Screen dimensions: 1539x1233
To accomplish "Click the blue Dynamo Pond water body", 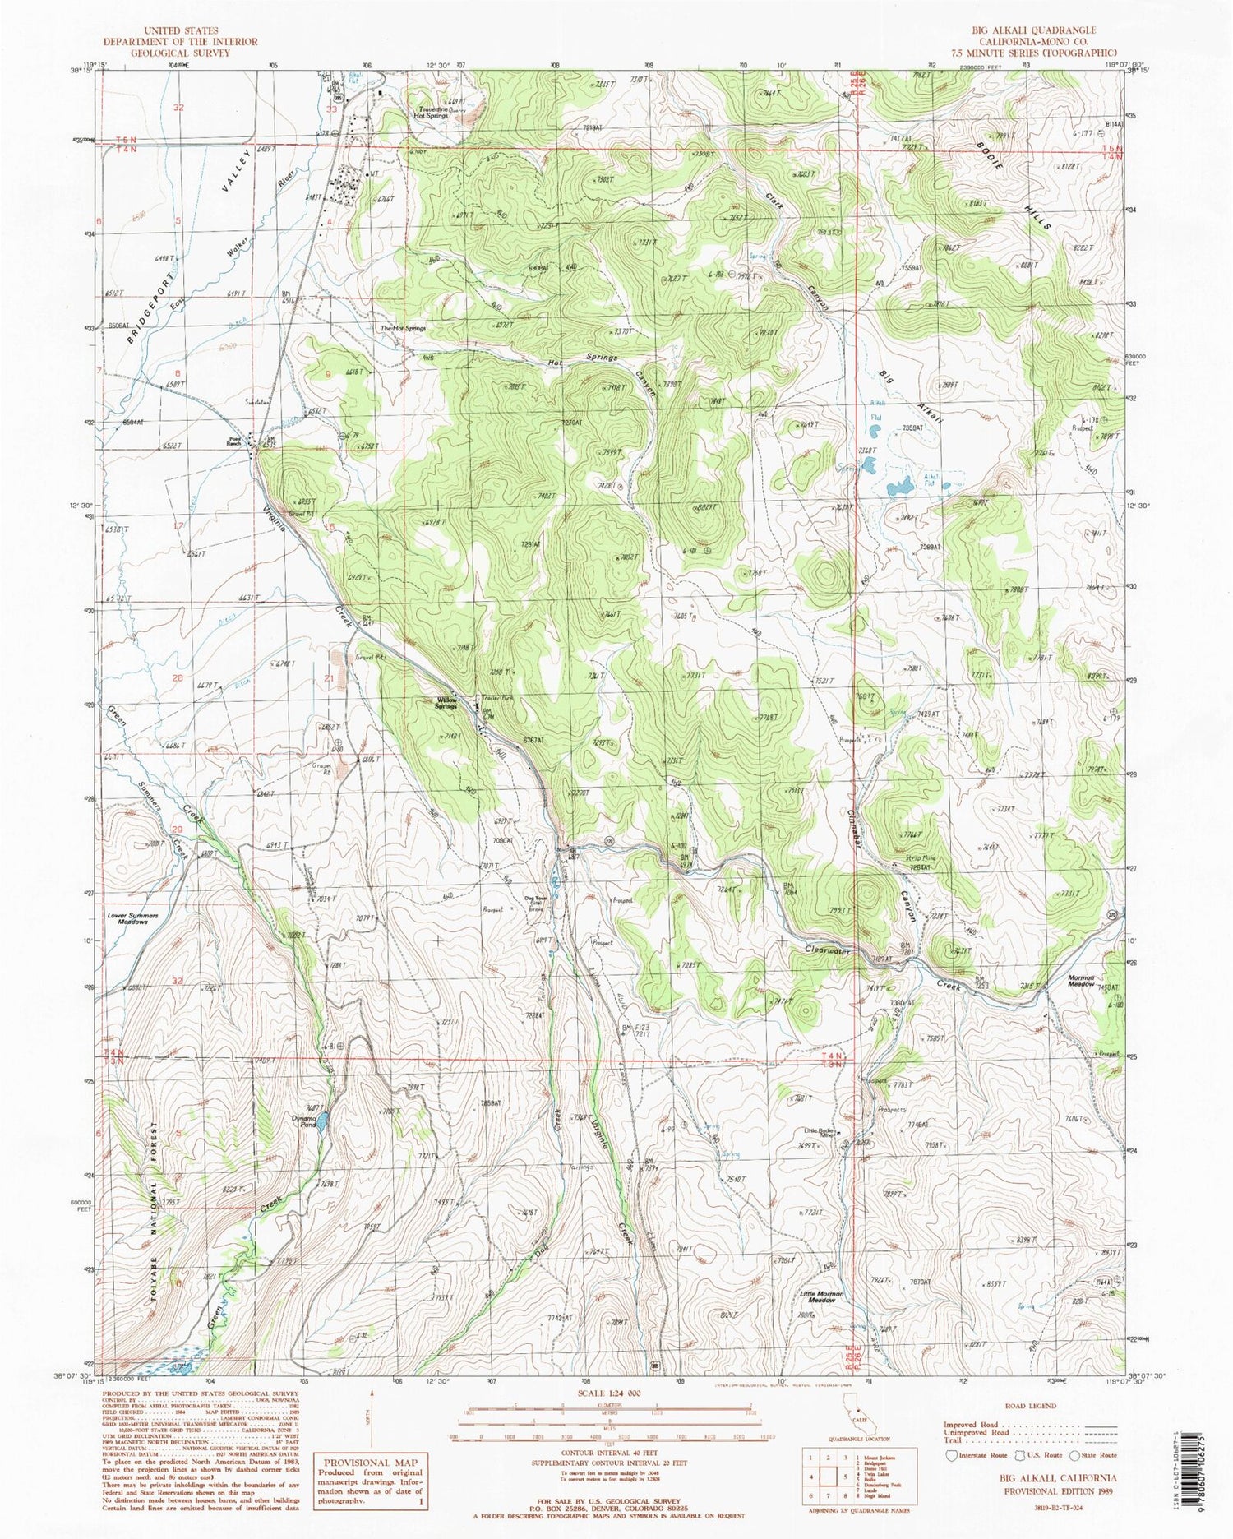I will click(324, 1120).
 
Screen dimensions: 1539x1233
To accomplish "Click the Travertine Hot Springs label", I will click(432, 112).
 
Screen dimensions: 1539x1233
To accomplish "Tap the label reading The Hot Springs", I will click(402, 328).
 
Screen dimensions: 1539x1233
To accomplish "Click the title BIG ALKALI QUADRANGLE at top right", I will click(1033, 30).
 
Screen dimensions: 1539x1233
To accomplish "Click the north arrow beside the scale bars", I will click(372, 1416).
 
